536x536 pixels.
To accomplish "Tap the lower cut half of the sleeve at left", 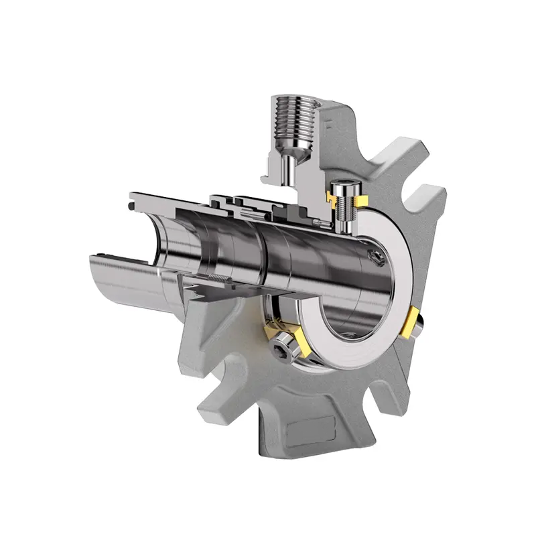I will [127, 275].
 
